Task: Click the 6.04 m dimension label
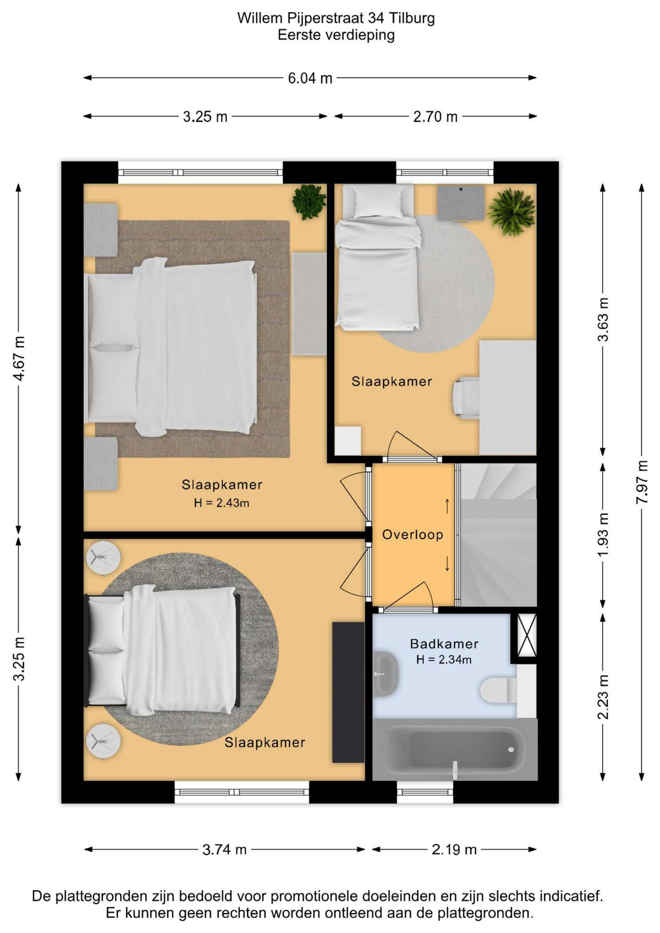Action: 310,78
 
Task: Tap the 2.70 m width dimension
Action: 435,117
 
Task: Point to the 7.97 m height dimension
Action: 642,482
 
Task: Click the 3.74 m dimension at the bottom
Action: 224,849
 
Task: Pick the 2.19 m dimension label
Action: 454,849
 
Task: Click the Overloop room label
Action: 412,535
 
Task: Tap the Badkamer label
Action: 444,644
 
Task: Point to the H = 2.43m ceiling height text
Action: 221,503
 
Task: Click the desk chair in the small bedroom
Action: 466,397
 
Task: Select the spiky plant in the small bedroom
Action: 511,212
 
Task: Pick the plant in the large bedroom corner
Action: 309,201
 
